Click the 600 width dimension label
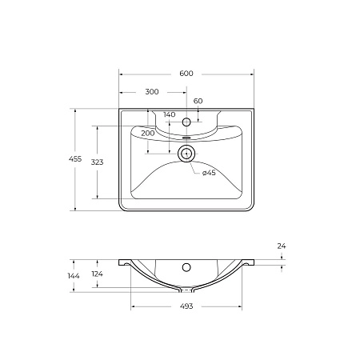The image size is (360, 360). (x=186, y=74)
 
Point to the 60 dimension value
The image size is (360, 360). (x=198, y=102)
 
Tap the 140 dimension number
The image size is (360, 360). (x=169, y=114)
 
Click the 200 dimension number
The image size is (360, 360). (x=148, y=133)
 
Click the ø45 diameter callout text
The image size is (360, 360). (x=209, y=173)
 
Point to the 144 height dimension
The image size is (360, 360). (x=74, y=276)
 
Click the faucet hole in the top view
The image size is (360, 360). (x=186, y=122)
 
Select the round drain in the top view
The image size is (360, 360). (x=186, y=154)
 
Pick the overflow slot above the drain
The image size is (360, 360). (x=186, y=138)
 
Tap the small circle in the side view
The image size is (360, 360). (x=186, y=267)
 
